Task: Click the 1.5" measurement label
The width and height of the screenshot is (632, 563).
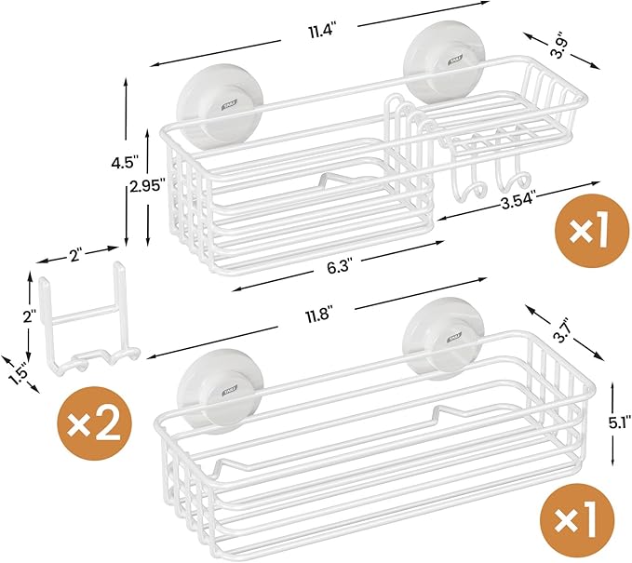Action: (16, 370)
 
